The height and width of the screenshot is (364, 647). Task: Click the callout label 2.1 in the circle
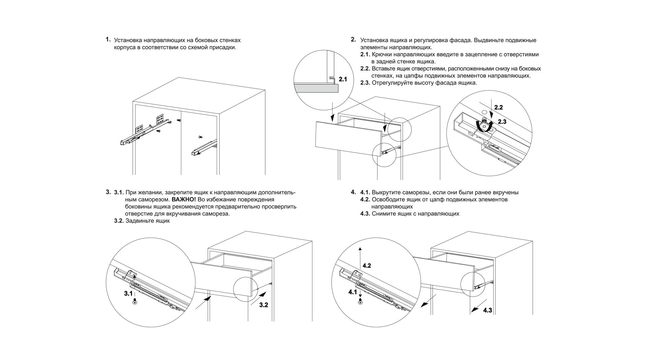tap(343, 80)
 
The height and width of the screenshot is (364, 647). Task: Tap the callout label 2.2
tap(498, 108)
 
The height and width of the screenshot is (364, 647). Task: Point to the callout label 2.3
tap(502, 122)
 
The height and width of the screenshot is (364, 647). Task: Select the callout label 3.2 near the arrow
tap(264, 305)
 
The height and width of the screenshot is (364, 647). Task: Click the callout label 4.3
tap(488, 310)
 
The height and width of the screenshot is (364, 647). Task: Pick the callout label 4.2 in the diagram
tap(367, 266)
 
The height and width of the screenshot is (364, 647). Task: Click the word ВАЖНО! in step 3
tap(184, 200)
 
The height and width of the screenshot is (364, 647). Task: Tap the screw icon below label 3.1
tap(135, 302)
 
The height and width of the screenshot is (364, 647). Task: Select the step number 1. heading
tap(108, 39)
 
